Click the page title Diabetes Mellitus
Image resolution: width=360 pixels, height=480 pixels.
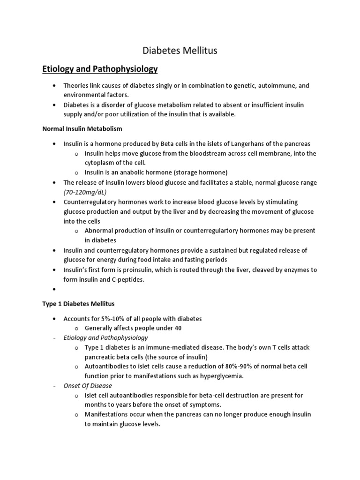point(180,51)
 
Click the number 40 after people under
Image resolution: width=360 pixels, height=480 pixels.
point(178,328)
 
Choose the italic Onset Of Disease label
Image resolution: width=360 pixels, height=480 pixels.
point(88,386)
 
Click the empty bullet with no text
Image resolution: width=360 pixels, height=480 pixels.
point(55,290)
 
